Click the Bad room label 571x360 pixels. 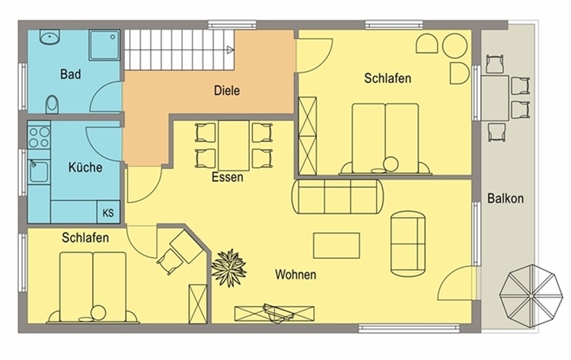[x=71, y=75]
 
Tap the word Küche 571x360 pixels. [x=85, y=167]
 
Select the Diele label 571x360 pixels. [x=227, y=91]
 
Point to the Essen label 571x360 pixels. [x=227, y=177]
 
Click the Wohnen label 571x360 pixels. [x=295, y=274]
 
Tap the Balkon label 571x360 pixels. [x=506, y=199]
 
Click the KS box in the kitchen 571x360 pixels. [x=108, y=212]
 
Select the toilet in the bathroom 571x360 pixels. [x=52, y=104]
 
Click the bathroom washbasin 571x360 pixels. [x=49, y=37]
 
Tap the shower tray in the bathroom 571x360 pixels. [x=104, y=45]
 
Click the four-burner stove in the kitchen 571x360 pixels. [x=39, y=137]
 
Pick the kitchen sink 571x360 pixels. [x=39, y=171]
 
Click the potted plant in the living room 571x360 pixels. [x=229, y=268]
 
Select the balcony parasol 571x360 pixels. [x=531, y=297]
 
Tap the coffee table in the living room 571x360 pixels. [x=337, y=246]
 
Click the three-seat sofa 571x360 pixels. [x=337, y=196]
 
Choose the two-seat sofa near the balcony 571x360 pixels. [x=408, y=243]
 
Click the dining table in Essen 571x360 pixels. [x=234, y=145]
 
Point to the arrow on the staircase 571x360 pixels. [x=230, y=50]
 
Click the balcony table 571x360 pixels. [x=495, y=98]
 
